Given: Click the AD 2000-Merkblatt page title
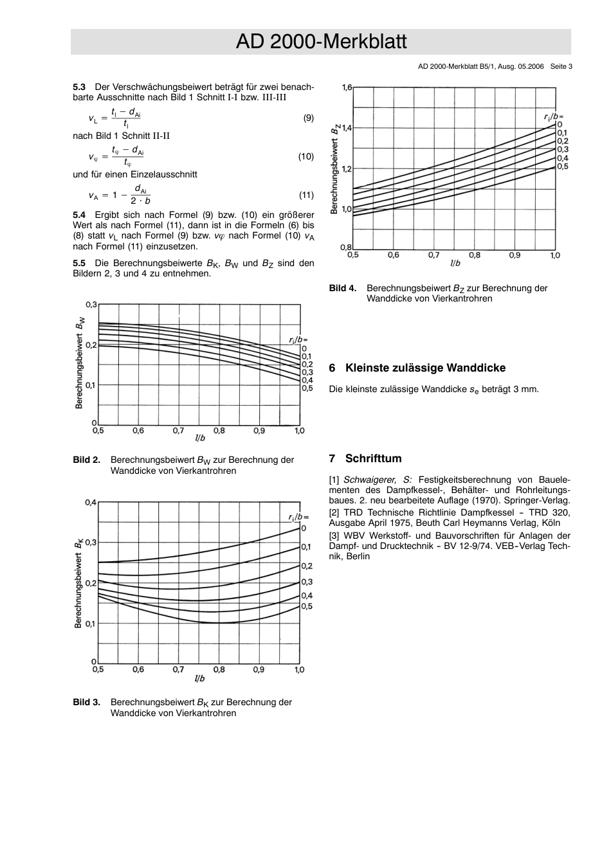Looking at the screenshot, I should point(321,42).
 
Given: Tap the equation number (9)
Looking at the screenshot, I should point(308,118).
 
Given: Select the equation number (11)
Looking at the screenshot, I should point(306,195).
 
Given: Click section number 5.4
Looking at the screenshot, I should point(79,215).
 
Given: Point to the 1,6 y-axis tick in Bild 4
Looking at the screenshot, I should point(346,87).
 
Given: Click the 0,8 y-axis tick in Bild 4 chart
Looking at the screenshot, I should point(346,248).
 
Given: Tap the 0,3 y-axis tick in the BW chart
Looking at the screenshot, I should point(91,304).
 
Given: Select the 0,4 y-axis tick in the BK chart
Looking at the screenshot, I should point(91,502).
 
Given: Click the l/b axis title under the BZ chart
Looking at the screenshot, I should point(455,263).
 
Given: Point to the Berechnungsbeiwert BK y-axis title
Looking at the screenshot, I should point(78,583).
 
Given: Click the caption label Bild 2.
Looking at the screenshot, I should point(86,460).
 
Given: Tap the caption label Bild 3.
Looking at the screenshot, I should point(86,702).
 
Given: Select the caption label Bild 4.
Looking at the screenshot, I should point(342,288).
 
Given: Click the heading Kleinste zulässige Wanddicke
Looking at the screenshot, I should point(425,368).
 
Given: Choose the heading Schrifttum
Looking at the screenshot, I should point(373,458).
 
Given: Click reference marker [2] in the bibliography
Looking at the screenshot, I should point(334,512).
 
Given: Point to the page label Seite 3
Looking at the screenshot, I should point(561,66).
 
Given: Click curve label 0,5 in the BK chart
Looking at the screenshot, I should point(307,606).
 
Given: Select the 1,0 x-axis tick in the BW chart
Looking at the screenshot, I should point(299,431).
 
